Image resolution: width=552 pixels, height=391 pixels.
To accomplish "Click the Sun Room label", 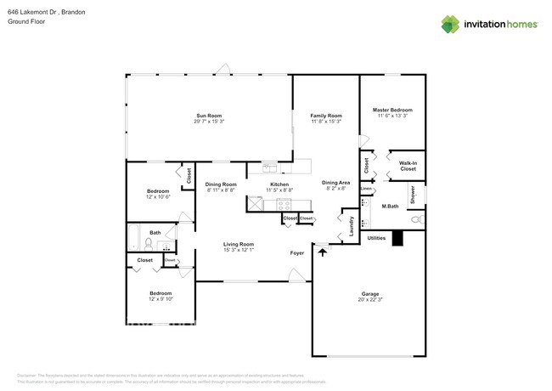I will tap(209, 116).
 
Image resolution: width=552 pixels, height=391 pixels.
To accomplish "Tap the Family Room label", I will tap(325, 116).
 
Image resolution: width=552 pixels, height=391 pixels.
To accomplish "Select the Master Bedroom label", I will tap(392, 110).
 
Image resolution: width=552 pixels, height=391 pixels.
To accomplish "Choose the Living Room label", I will tap(239, 244).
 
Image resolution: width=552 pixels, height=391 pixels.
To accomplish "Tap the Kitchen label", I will tap(279, 184).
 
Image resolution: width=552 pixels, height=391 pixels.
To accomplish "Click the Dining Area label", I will tap(335, 183).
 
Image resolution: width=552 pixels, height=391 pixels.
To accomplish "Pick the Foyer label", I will tap(297, 253).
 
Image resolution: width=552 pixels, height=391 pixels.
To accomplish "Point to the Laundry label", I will tap(352, 225).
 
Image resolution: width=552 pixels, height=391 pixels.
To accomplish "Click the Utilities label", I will tap(376, 239).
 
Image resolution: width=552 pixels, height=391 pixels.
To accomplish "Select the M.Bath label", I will tap(390, 207).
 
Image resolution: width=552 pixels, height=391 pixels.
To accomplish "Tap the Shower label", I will tap(413, 195).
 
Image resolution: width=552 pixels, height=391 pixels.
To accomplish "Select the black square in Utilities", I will tap(397, 241).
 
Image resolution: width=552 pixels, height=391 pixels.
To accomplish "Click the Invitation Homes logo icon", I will tap(450, 24).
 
